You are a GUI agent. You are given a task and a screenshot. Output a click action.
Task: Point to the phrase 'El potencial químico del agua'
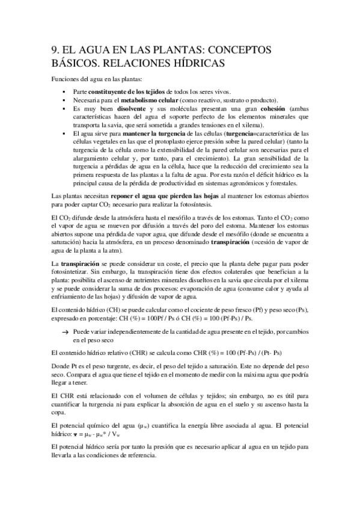91,427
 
